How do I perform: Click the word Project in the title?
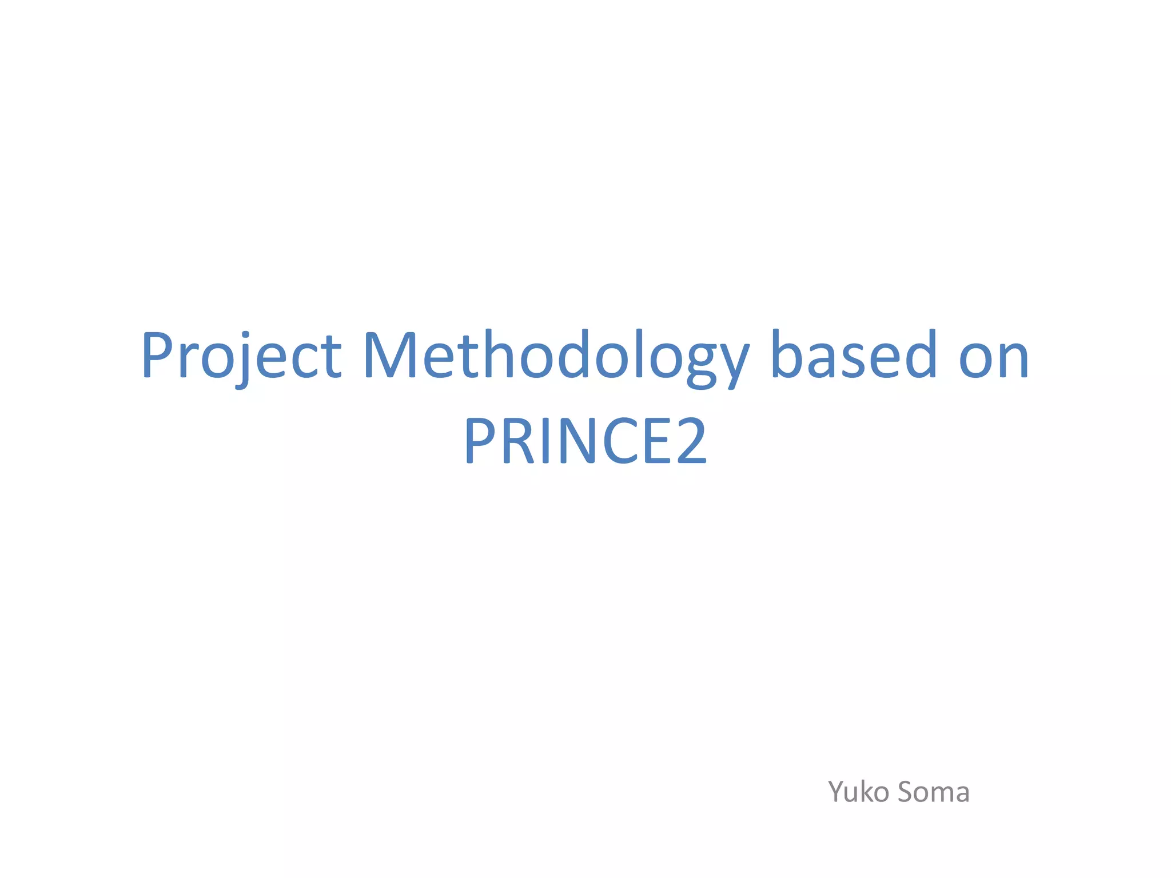[x=241, y=356]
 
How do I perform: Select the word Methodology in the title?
[x=555, y=356]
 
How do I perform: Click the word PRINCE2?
[x=585, y=440]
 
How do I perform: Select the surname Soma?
[x=933, y=792]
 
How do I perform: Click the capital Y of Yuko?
[x=837, y=792]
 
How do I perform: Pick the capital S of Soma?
[x=907, y=792]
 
